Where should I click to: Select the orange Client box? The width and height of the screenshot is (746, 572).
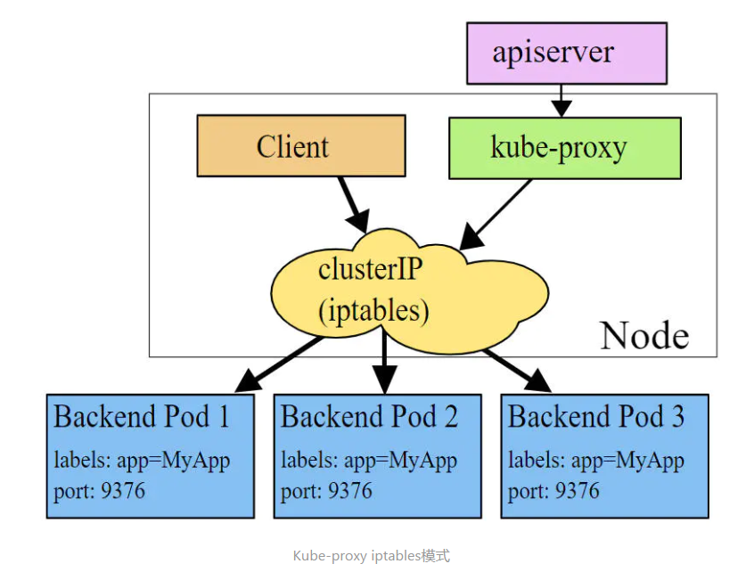300,146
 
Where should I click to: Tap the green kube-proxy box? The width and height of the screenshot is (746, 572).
564,147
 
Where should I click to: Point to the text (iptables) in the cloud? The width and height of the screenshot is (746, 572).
373,310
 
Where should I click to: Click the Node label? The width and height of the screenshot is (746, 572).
644,335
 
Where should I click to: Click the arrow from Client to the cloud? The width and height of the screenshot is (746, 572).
352,202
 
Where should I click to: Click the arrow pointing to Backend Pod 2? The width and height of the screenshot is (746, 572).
384,361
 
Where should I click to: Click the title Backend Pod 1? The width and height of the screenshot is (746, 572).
142,416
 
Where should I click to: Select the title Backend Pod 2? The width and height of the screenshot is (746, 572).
369,416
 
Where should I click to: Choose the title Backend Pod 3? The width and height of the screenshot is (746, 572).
595,416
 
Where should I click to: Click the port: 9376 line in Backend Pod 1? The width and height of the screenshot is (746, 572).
99,490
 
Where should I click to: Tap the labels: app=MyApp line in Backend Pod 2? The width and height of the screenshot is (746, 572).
369,461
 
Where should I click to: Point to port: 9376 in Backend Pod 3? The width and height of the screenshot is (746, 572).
553,490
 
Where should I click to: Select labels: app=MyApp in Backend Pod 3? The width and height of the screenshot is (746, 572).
595,461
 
